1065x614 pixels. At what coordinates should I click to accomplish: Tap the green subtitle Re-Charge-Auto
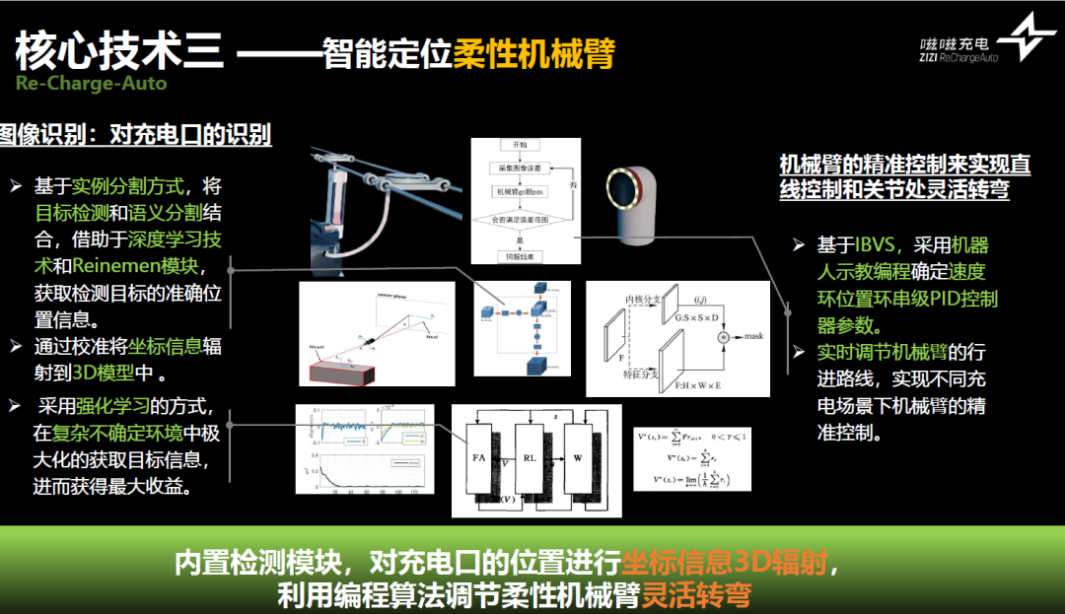(91, 83)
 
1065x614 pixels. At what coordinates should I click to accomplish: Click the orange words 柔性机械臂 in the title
(533, 52)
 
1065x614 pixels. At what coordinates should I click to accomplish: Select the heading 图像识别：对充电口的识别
(135, 135)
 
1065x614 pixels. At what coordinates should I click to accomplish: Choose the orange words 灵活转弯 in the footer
(696, 594)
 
